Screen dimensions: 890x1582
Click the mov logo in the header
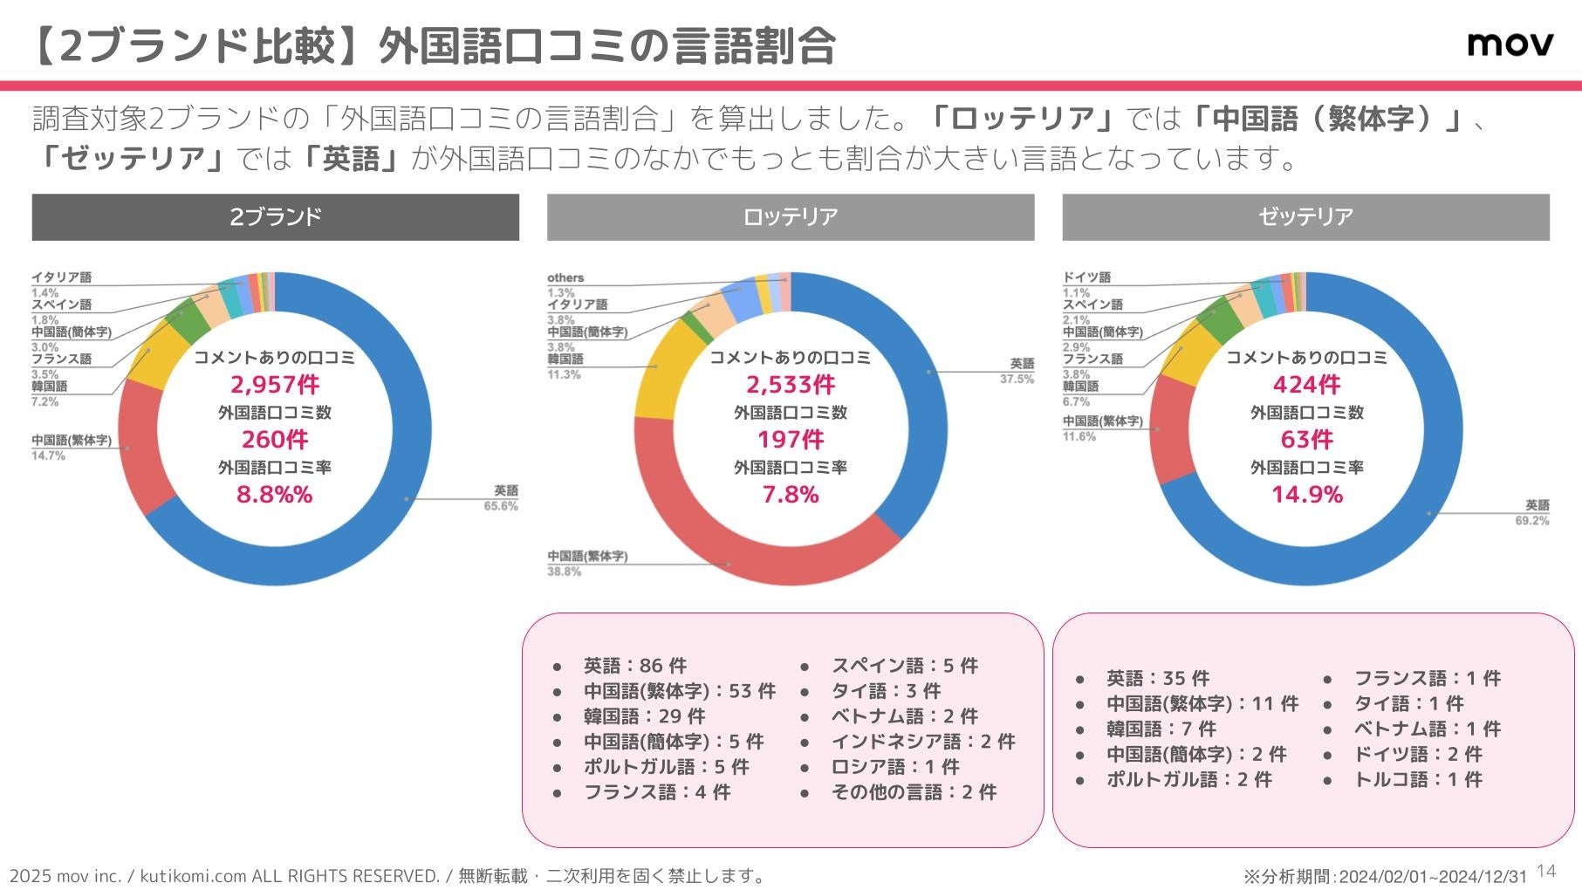pyautogui.click(x=1510, y=44)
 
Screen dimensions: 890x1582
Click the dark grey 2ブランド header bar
pyautogui.click(x=275, y=217)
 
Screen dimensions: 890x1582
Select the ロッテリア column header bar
pyautogui.click(x=790, y=217)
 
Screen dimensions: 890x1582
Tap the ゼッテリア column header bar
pyautogui.click(x=1305, y=217)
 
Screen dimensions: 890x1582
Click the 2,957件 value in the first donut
pyautogui.click(x=275, y=385)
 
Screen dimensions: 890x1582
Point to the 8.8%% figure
pyautogui.click(x=275, y=495)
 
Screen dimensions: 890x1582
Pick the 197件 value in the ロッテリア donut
pyautogui.click(x=790, y=440)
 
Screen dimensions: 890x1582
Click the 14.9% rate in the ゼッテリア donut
pyautogui.click(x=1306, y=495)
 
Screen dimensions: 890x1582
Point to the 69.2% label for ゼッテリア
pyautogui.click(x=1531, y=521)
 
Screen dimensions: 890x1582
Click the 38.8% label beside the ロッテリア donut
pyautogui.click(x=565, y=572)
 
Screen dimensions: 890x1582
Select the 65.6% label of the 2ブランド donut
pyautogui.click(x=501, y=506)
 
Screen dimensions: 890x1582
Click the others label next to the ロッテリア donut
pyautogui.click(x=565, y=278)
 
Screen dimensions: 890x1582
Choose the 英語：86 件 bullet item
pyautogui.click(x=634, y=666)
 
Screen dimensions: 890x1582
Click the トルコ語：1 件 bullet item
pyautogui.click(x=1417, y=779)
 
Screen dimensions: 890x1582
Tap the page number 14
pyautogui.click(x=1545, y=871)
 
